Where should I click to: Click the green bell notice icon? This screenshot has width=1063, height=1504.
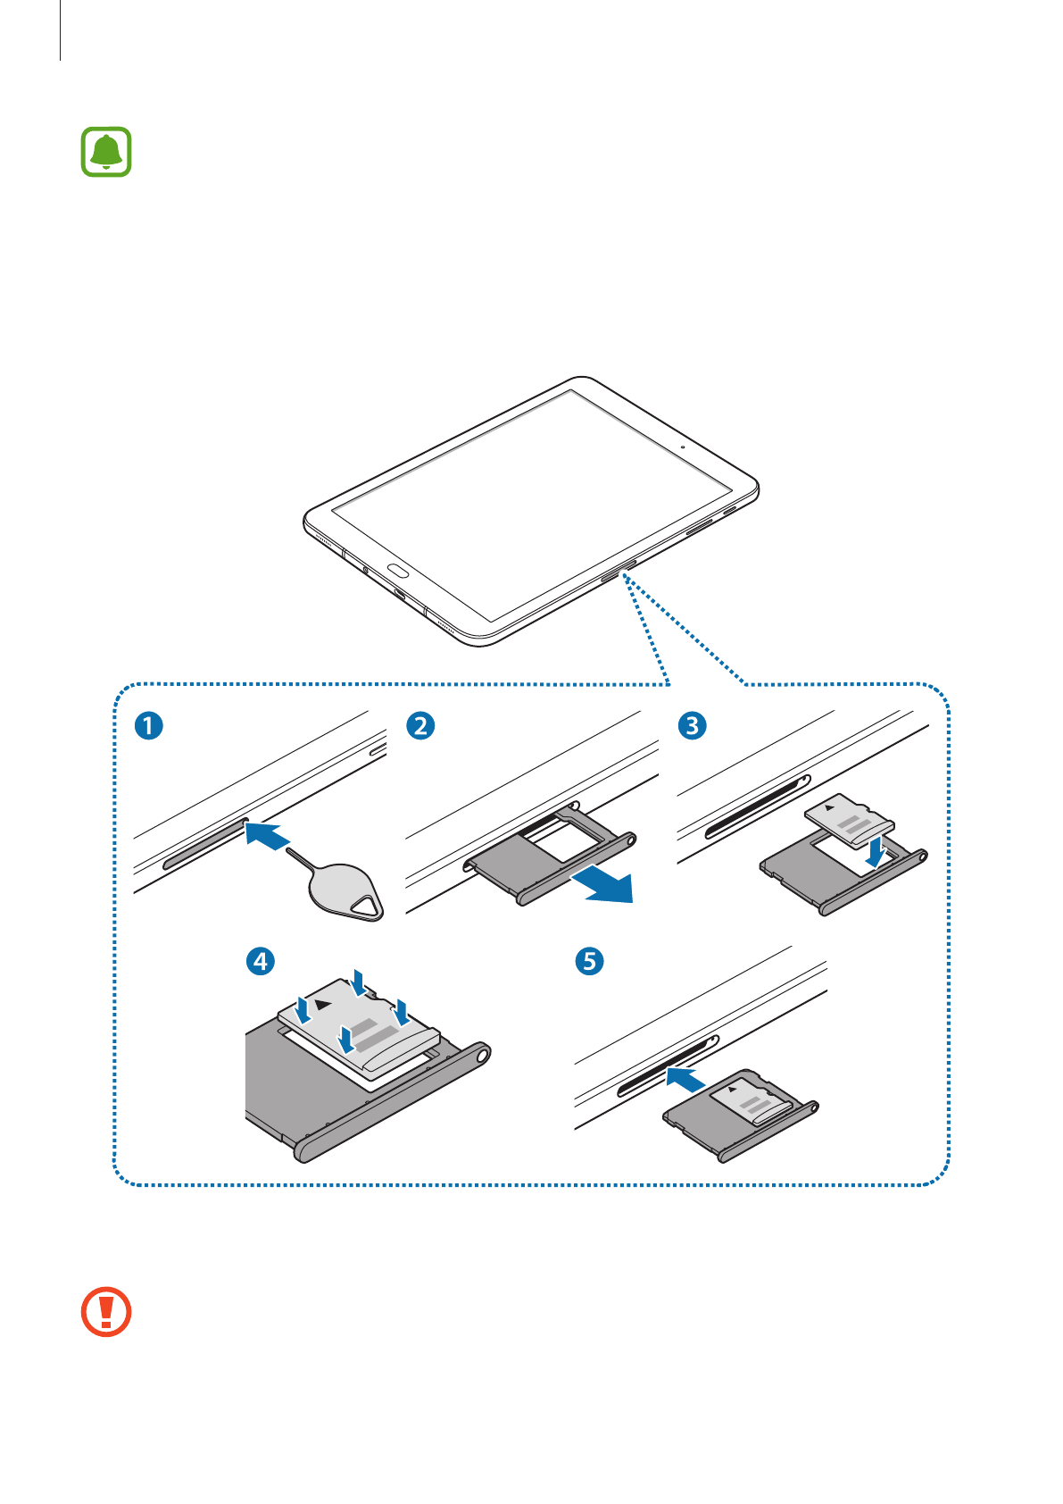[106, 152]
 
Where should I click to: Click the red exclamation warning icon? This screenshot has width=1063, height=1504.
[106, 1312]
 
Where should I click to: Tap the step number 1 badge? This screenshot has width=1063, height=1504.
[149, 725]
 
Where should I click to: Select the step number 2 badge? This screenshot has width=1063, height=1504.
[420, 725]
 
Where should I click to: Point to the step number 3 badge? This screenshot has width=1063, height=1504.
[692, 725]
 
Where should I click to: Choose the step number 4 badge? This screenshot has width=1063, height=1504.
[260, 961]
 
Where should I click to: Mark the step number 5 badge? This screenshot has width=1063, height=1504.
[589, 961]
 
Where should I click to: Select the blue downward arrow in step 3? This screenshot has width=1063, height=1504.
[877, 851]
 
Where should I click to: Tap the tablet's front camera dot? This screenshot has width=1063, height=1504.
[683, 446]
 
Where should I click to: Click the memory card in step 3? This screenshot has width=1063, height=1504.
[848, 818]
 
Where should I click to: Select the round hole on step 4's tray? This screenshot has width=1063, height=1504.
[483, 1055]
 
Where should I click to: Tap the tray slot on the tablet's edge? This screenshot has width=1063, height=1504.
[619, 571]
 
